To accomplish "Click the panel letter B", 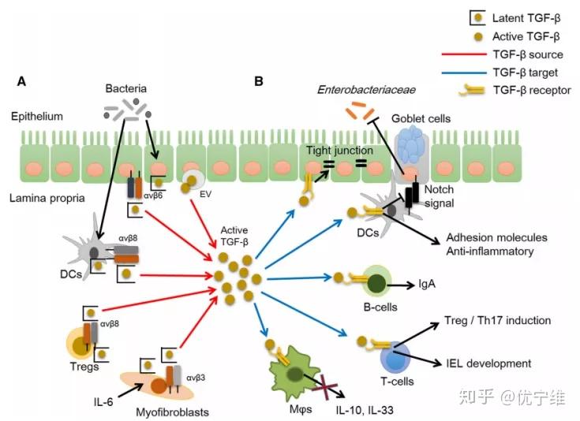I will point(257,81).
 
